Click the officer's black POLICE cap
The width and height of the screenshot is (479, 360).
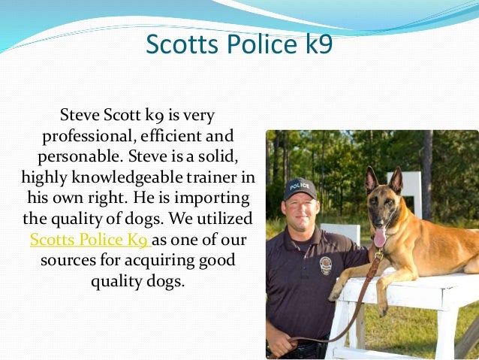(x=300, y=188)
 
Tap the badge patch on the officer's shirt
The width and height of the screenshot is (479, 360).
(x=326, y=265)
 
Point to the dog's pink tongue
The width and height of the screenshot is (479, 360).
(x=379, y=237)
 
